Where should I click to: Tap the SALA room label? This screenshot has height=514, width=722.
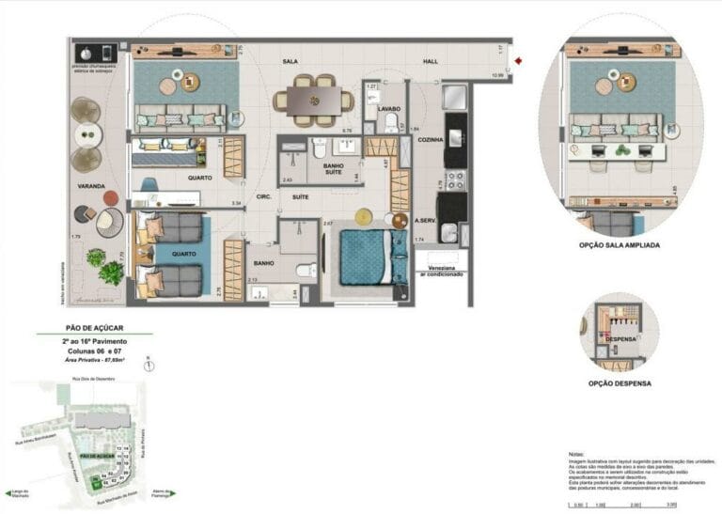point(290,62)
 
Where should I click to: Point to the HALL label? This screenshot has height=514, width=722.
point(430,62)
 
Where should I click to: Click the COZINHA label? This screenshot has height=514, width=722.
point(430,139)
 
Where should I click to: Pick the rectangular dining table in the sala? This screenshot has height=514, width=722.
point(314,100)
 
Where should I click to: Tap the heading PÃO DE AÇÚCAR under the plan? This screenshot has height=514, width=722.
point(93,328)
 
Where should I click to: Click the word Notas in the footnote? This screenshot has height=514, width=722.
point(576,453)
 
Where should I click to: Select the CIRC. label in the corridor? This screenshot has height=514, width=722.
point(265,198)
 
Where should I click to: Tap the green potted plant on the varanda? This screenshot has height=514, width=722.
point(110,273)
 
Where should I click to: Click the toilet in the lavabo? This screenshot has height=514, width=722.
point(391,123)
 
